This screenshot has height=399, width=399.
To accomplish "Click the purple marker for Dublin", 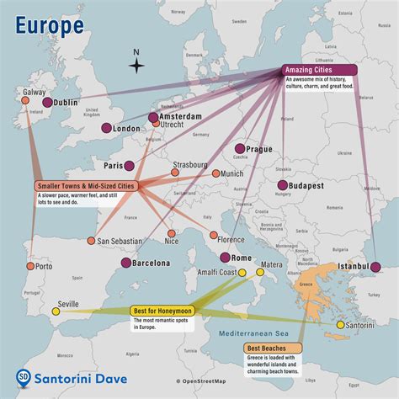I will click(x=35, y=102).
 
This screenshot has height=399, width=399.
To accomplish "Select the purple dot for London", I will click(x=107, y=128).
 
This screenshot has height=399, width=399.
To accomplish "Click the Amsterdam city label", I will click(x=183, y=115).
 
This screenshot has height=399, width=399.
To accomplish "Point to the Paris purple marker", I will click(x=130, y=166).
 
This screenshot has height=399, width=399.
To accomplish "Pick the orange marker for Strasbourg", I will click(x=175, y=172).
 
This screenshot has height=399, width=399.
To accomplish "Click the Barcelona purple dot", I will click(x=125, y=263).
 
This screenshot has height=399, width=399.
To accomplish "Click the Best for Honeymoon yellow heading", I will click(x=165, y=311).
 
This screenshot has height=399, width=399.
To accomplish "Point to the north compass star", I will click(x=137, y=66).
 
